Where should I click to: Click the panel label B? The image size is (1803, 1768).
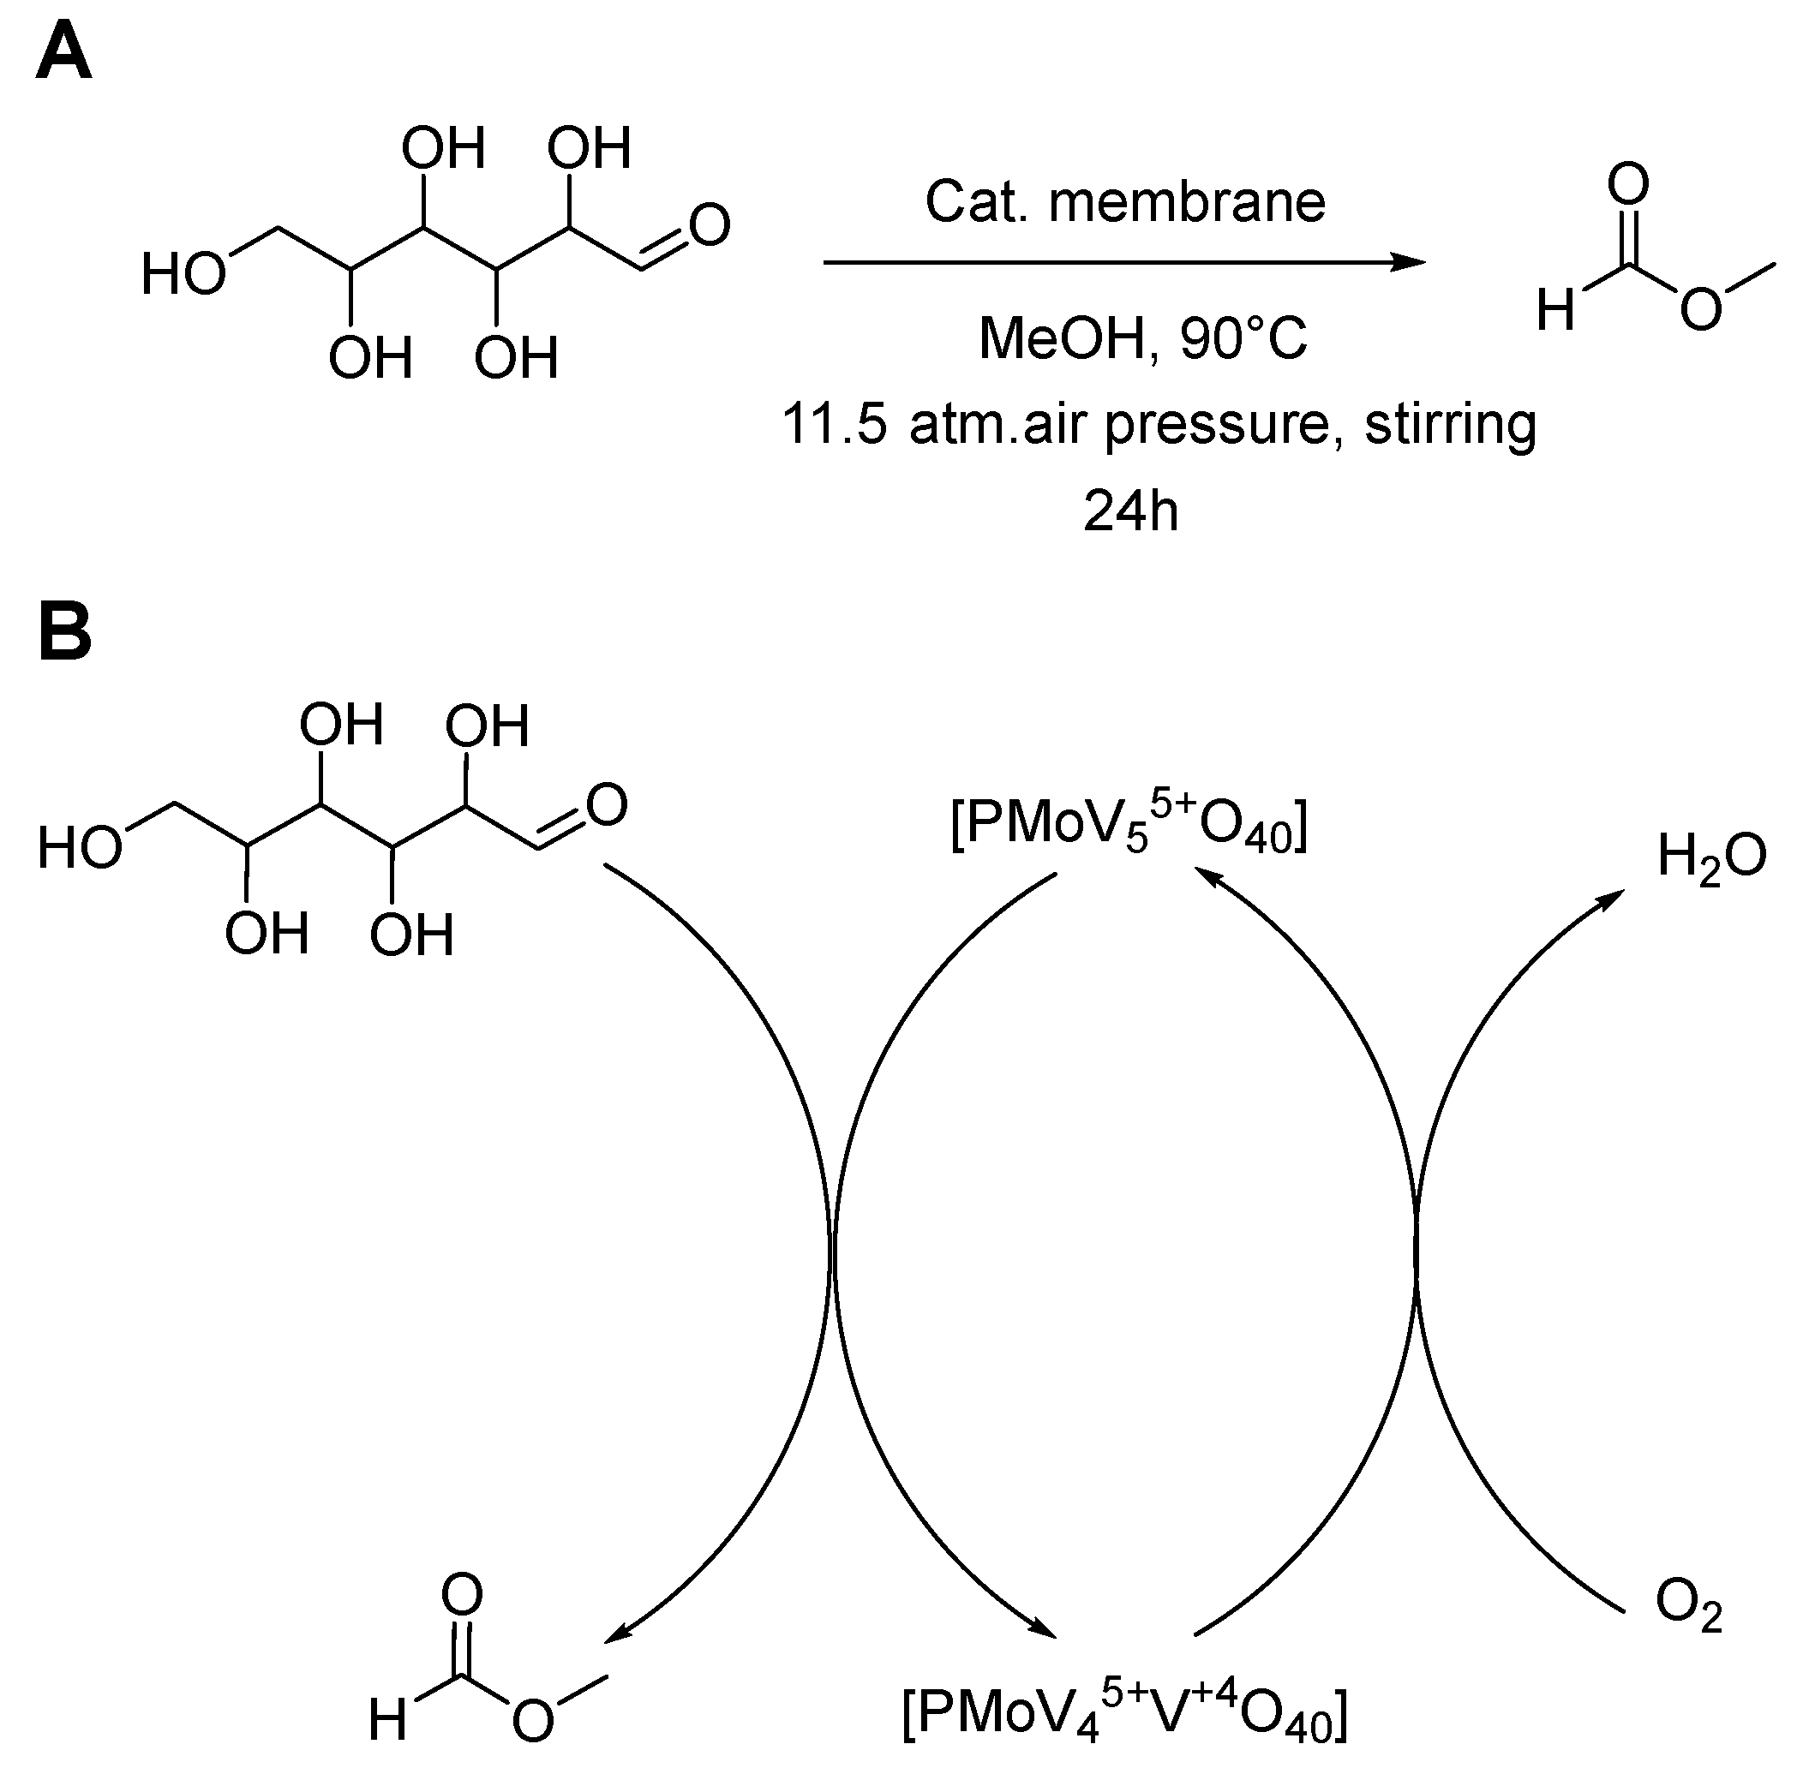tap(63, 630)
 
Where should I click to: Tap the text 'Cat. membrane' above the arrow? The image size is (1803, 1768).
tap(1125, 200)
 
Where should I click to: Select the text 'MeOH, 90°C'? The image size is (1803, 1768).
tap(1142, 338)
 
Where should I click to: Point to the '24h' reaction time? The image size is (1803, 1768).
tap(1130, 511)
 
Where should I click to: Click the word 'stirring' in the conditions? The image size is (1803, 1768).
tap(1450, 425)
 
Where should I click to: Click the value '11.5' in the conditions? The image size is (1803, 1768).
tap(834, 424)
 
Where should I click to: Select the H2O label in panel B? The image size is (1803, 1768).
tap(1711, 855)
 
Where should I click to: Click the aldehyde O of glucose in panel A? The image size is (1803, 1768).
tap(710, 225)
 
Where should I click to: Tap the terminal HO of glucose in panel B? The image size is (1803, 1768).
tap(80, 848)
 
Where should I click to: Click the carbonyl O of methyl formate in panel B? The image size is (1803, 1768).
tap(462, 1595)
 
